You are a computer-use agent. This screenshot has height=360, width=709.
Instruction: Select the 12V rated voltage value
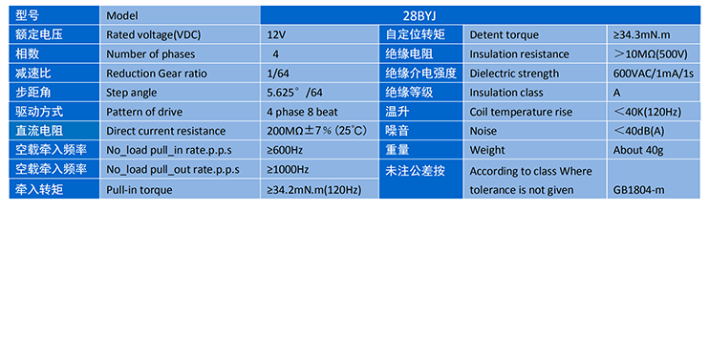click(277, 34)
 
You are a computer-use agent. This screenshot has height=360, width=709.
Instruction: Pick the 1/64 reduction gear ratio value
click(278, 74)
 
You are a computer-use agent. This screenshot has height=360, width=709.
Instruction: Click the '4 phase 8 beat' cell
click(302, 112)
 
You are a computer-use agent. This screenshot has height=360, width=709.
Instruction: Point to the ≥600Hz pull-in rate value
click(286, 150)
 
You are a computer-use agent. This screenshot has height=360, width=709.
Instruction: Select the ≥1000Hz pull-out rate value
click(289, 169)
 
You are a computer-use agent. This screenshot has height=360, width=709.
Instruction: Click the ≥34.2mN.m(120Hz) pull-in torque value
click(313, 190)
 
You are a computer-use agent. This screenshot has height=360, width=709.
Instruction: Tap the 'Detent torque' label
click(503, 34)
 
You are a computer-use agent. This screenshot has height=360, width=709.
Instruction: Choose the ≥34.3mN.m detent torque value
click(647, 34)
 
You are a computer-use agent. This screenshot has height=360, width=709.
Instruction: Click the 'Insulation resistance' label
click(519, 54)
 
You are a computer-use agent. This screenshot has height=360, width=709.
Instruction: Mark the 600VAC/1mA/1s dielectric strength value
click(654, 74)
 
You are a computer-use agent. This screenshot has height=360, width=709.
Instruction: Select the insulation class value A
click(617, 93)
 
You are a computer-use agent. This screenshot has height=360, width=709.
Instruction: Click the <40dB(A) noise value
click(638, 131)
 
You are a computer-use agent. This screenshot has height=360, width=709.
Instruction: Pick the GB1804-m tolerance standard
click(638, 189)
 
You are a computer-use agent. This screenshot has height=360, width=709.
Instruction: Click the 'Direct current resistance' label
click(165, 131)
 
